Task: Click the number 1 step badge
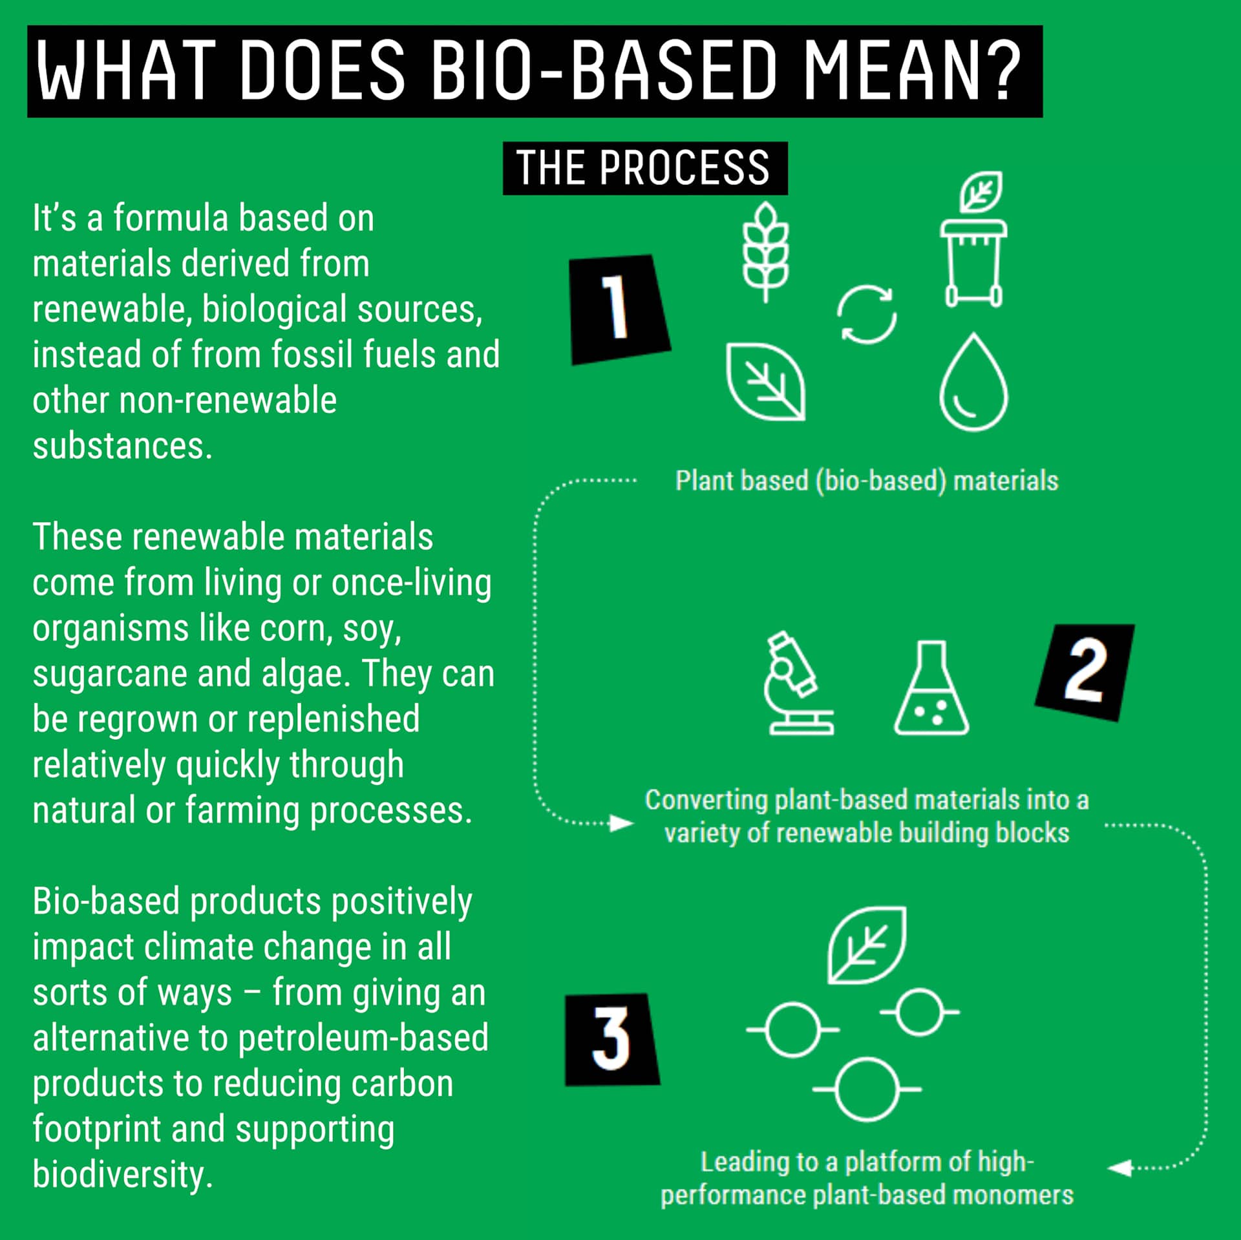click(619, 310)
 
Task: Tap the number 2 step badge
click(1085, 672)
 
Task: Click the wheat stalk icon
click(766, 252)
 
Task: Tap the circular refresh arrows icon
click(867, 315)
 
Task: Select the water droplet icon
click(973, 382)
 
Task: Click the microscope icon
click(799, 683)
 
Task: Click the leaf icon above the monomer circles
click(867, 945)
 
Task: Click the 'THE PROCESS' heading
click(645, 168)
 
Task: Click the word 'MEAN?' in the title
click(912, 70)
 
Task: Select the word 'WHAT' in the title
click(127, 70)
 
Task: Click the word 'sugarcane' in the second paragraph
click(110, 674)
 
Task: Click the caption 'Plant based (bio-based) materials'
click(867, 481)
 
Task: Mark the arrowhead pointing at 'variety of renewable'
click(622, 823)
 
